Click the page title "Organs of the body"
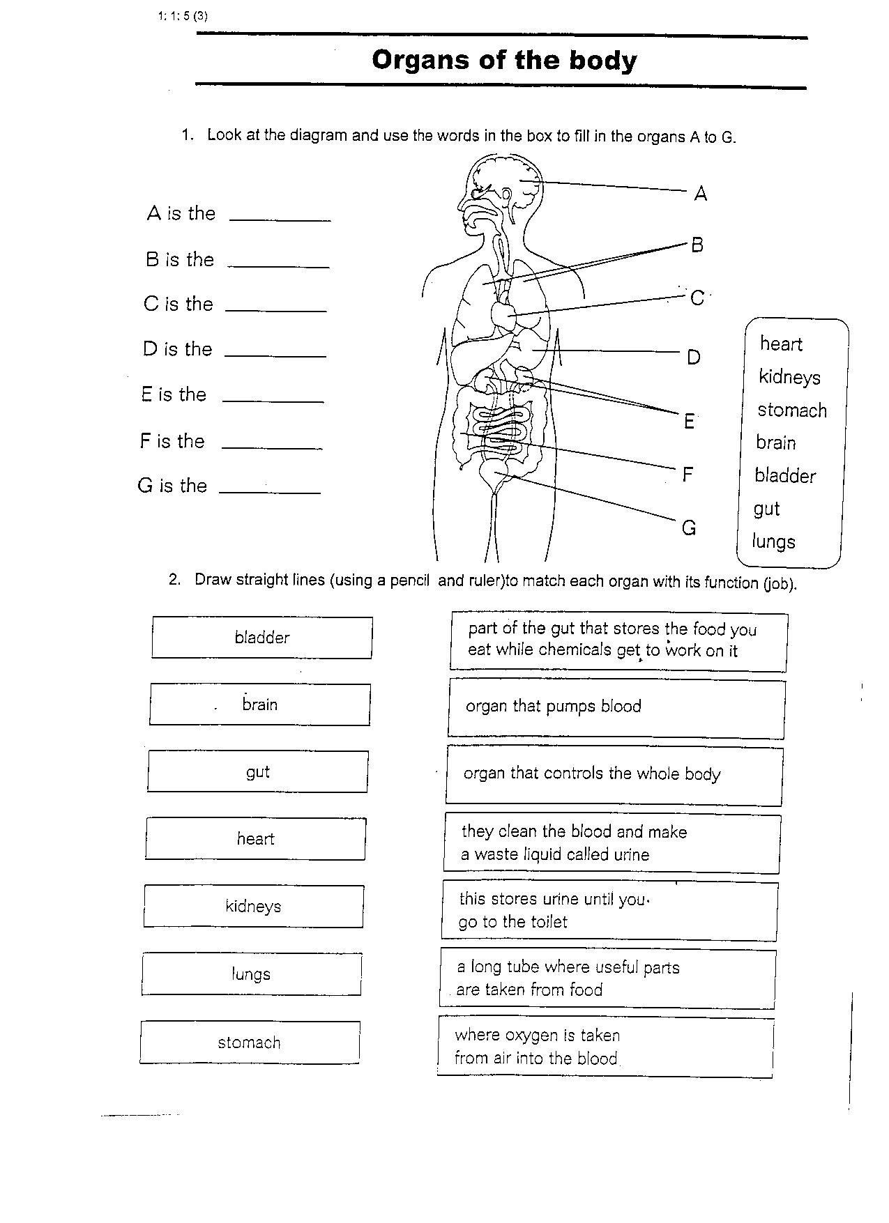coord(504,60)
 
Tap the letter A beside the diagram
coord(701,194)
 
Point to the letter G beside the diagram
coord(689,528)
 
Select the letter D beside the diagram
coord(693,357)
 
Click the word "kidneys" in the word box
coord(789,378)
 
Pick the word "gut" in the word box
coord(766,509)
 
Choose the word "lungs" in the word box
coord(773,541)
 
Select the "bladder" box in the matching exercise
coord(262,638)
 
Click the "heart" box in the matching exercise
coord(256,839)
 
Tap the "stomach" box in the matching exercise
coord(250,1043)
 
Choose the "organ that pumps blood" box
coord(616,708)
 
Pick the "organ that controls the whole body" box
coord(614,775)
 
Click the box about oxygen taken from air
coord(606,1047)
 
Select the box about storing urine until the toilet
coord(610,911)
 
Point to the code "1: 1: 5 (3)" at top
coord(183,17)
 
